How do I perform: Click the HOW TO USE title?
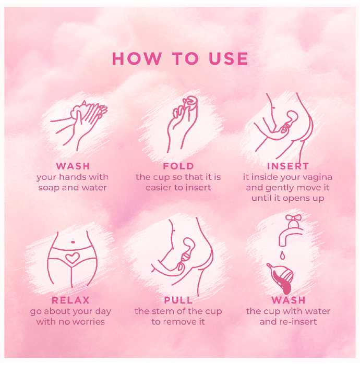pyautogui.click(x=180, y=58)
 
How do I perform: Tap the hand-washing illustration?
pyautogui.click(x=79, y=126)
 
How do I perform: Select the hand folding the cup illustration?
pyautogui.click(x=182, y=125)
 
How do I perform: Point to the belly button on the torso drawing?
pyautogui.click(x=73, y=242)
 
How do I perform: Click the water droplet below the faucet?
pyautogui.click(x=282, y=255)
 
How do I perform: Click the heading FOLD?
pyautogui.click(x=178, y=166)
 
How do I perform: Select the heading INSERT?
pyautogui.click(x=288, y=166)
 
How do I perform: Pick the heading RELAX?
pyautogui.click(x=70, y=300)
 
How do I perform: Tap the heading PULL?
pyautogui.click(x=178, y=300)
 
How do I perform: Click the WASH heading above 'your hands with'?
pyautogui.click(x=73, y=166)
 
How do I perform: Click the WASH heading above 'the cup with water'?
pyautogui.click(x=289, y=300)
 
